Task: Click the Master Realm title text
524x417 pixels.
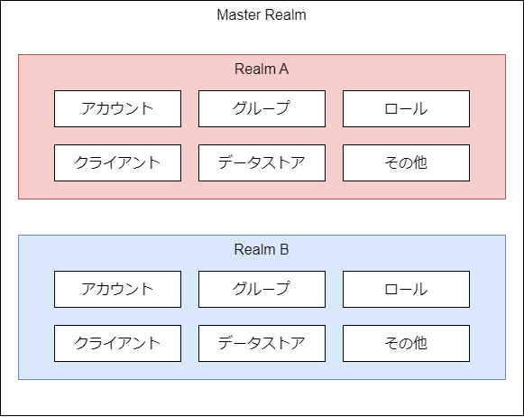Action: tap(262, 15)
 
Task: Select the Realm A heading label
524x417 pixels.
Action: tap(262, 69)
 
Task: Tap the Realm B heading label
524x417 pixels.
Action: tap(262, 249)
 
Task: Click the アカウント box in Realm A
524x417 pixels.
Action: tap(117, 108)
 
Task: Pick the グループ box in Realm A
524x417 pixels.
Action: tap(262, 108)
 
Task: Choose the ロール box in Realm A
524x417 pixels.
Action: tap(407, 108)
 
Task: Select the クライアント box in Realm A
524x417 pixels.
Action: tap(117, 162)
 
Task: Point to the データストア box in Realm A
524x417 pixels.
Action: tap(262, 162)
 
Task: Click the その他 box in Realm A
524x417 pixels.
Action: tap(407, 162)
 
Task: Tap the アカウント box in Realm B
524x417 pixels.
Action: tap(117, 289)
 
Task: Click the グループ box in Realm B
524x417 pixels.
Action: tap(262, 289)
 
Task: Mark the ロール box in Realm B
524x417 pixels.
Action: tap(407, 289)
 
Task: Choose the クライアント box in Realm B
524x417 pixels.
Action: tap(117, 343)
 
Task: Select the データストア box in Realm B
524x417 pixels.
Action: tap(262, 343)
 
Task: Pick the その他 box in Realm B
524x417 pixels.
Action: tap(407, 343)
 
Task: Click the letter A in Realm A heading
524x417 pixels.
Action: tap(283, 69)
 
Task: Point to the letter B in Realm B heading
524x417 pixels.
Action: tap(284, 249)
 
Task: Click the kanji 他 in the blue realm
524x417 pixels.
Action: tap(420, 343)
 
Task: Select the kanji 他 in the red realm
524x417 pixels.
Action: tap(420, 162)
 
